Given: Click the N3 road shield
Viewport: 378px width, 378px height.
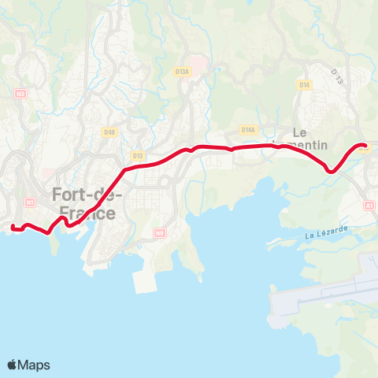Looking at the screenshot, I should pos(20,93).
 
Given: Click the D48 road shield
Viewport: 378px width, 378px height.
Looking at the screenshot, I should pos(109,132).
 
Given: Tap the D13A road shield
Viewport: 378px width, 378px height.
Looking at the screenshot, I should pos(182,72).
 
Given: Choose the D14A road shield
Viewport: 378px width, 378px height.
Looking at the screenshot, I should pos(247,130).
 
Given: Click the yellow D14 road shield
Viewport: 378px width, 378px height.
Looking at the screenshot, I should pos(304,84).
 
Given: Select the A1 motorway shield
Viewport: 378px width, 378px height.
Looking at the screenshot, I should pos(370,205).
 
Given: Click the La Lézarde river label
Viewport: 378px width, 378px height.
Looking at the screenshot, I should pos(326,234).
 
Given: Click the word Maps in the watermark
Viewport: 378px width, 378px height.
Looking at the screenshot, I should pos(35,365).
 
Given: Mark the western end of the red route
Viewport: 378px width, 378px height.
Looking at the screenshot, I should pos(13,228).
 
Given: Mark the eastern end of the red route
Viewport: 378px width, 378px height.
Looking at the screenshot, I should pos(364,146).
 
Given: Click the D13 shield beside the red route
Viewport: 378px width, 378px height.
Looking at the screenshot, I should pos(139,156).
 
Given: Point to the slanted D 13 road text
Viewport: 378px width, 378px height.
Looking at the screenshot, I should pos(339,76).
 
